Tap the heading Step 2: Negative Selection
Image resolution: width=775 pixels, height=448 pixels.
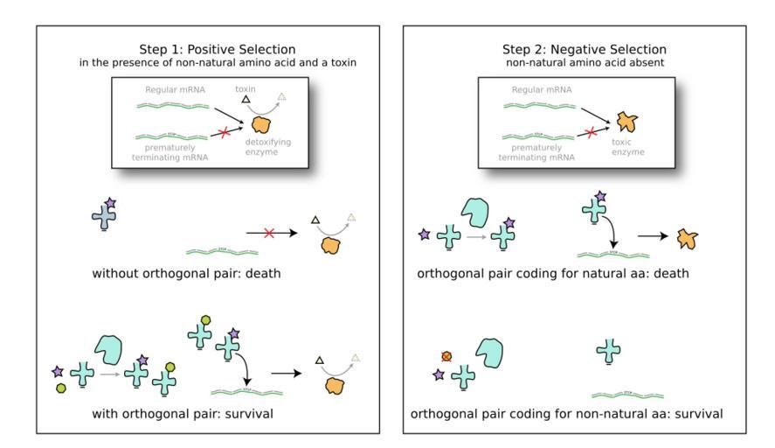point(584,50)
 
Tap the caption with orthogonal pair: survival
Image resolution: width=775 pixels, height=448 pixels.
point(182,413)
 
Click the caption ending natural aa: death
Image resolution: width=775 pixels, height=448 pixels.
point(554,274)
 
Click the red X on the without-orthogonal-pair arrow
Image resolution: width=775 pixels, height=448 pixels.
point(269,234)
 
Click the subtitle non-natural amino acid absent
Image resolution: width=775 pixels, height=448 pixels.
point(584,63)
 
